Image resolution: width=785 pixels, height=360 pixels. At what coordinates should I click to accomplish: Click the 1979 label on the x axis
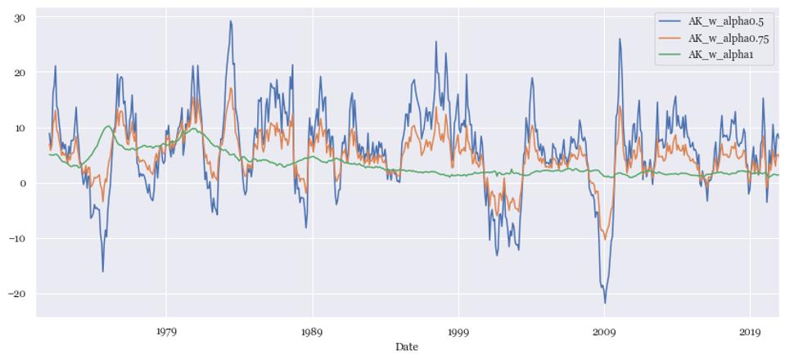click(x=166, y=332)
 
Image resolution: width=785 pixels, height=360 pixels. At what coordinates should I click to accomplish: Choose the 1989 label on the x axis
click(x=312, y=332)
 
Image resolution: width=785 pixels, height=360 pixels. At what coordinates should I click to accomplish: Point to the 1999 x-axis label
click(x=458, y=332)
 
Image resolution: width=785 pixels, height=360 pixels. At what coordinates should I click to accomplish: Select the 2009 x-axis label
click(x=604, y=332)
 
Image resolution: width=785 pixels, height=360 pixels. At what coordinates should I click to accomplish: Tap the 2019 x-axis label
click(x=751, y=332)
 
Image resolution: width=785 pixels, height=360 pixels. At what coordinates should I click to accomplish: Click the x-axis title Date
click(x=406, y=347)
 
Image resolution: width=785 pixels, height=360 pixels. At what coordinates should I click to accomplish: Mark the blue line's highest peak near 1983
click(x=231, y=21)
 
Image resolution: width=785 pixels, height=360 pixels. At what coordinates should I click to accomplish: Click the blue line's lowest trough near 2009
click(x=606, y=303)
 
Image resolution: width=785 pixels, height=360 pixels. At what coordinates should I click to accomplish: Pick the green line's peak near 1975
click(x=108, y=126)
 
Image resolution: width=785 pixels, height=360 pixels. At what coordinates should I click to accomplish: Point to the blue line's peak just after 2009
click(x=620, y=39)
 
